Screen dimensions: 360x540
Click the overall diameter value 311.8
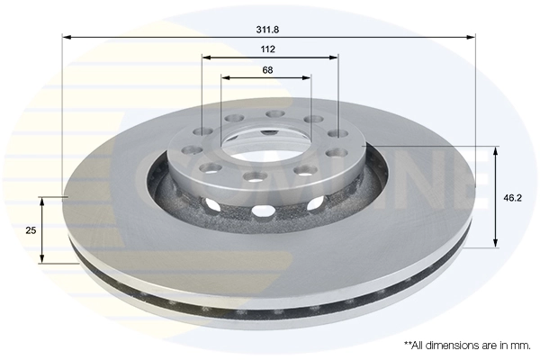267,28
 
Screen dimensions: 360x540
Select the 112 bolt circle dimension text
267,49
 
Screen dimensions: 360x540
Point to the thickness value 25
30,230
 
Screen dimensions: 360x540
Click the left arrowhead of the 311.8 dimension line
66,38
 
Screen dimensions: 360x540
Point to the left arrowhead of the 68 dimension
225,77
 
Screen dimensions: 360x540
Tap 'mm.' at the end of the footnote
520,345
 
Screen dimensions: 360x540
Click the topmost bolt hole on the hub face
274,113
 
